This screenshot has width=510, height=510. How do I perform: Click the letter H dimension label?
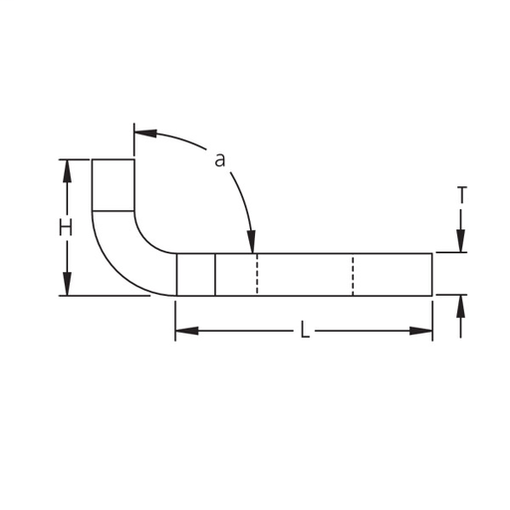tap(66, 229)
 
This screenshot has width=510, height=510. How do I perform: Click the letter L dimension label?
tap(305, 330)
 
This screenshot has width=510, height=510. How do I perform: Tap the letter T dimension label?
tap(462, 195)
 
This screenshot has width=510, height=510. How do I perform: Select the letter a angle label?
tap(220, 160)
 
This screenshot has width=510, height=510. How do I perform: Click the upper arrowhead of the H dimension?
tap(68, 171)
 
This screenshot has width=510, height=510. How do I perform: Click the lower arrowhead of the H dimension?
tap(68, 284)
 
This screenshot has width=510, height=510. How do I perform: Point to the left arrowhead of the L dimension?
tap(187, 331)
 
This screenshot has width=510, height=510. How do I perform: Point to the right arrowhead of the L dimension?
tap(421, 331)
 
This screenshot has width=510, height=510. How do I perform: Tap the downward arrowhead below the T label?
tap(460, 241)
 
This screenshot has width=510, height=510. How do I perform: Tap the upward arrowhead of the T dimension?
tap(460, 306)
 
